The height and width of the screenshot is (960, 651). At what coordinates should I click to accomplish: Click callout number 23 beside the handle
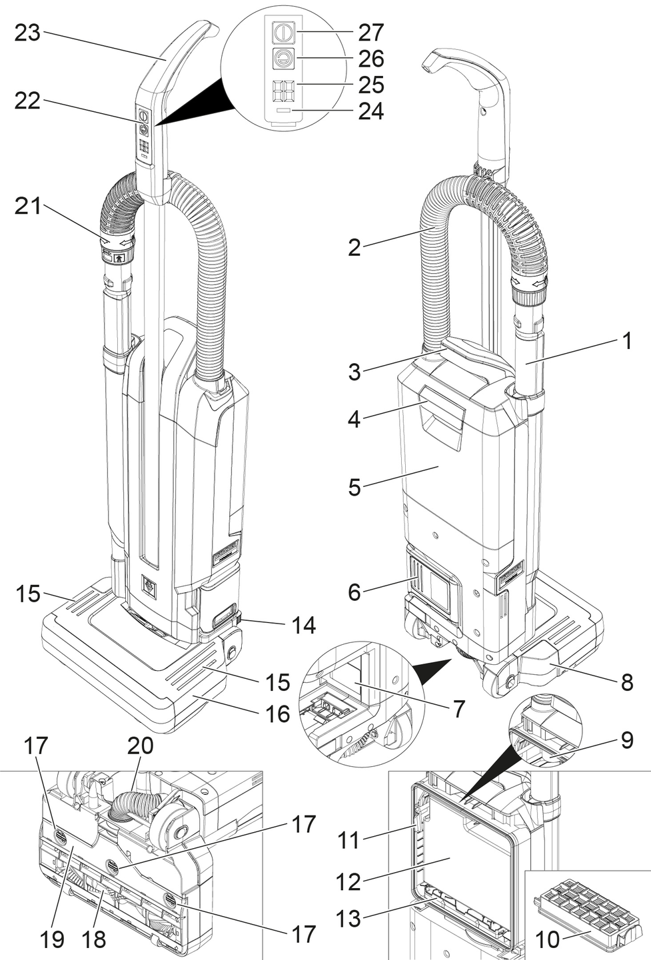[28, 33]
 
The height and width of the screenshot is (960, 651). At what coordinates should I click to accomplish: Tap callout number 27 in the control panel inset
[371, 33]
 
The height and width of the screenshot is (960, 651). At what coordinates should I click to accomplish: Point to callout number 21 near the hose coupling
[28, 206]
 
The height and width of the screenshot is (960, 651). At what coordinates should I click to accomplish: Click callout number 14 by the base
[303, 625]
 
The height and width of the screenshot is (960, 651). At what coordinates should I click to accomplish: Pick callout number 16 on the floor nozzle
[278, 714]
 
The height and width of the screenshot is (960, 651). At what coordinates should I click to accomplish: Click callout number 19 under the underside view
[52, 939]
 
